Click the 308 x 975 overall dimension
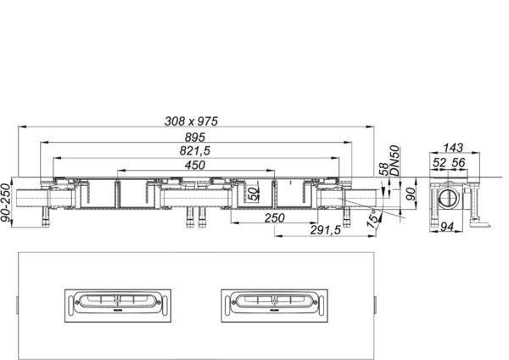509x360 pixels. click(x=191, y=121)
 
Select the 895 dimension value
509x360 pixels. click(x=195, y=138)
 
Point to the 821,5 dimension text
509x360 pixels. click(x=195, y=151)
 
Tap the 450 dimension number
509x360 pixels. click(x=195, y=165)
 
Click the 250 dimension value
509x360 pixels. click(x=274, y=218)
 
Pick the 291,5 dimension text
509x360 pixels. click(x=325, y=230)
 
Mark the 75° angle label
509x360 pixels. click(x=373, y=218)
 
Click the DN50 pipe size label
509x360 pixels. click(x=394, y=160)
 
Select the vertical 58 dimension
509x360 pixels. click(x=384, y=169)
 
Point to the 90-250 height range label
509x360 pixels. click(x=6, y=203)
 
